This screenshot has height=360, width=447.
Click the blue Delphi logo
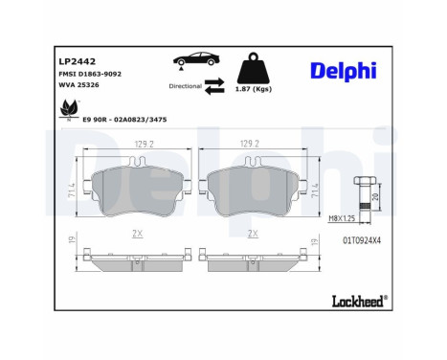pyautogui.click(x=344, y=72)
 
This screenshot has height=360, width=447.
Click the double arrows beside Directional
pyautogui.click(x=215, y=86)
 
